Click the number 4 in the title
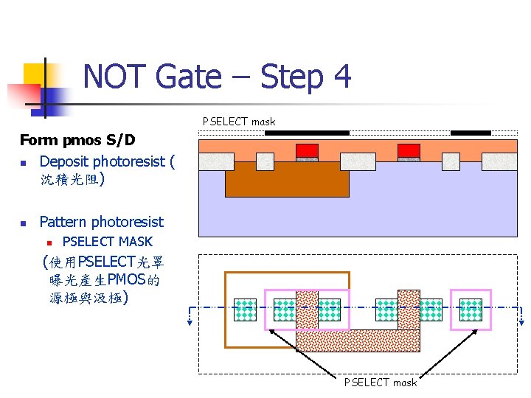coord(340,76)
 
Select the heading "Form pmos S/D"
coord(77,139)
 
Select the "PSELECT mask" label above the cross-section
coord(239,122)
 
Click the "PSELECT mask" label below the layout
coord(380,382)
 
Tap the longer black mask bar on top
coord(306,133)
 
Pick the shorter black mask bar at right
coord(470,133)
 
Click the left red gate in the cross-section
coord(307,150)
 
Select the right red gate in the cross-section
coord(409,150)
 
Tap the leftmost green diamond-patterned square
coord(245,310)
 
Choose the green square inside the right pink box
coord(471,310)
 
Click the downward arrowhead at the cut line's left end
coord(190,321)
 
